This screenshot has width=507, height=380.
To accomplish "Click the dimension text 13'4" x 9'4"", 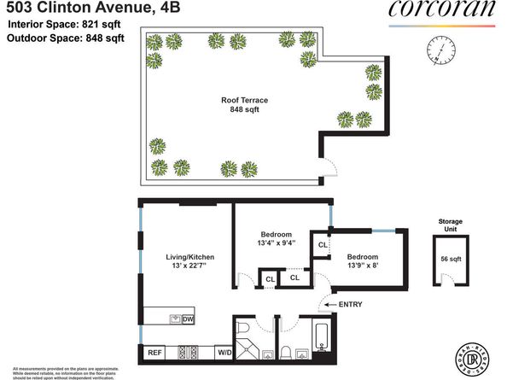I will [277, 243].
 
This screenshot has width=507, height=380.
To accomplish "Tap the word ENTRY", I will [350, 305].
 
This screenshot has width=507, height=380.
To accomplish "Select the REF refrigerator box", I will [155, 352].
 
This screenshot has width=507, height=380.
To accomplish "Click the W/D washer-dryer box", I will [224, 352].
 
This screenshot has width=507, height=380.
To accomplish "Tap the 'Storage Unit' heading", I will [450, 225].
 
